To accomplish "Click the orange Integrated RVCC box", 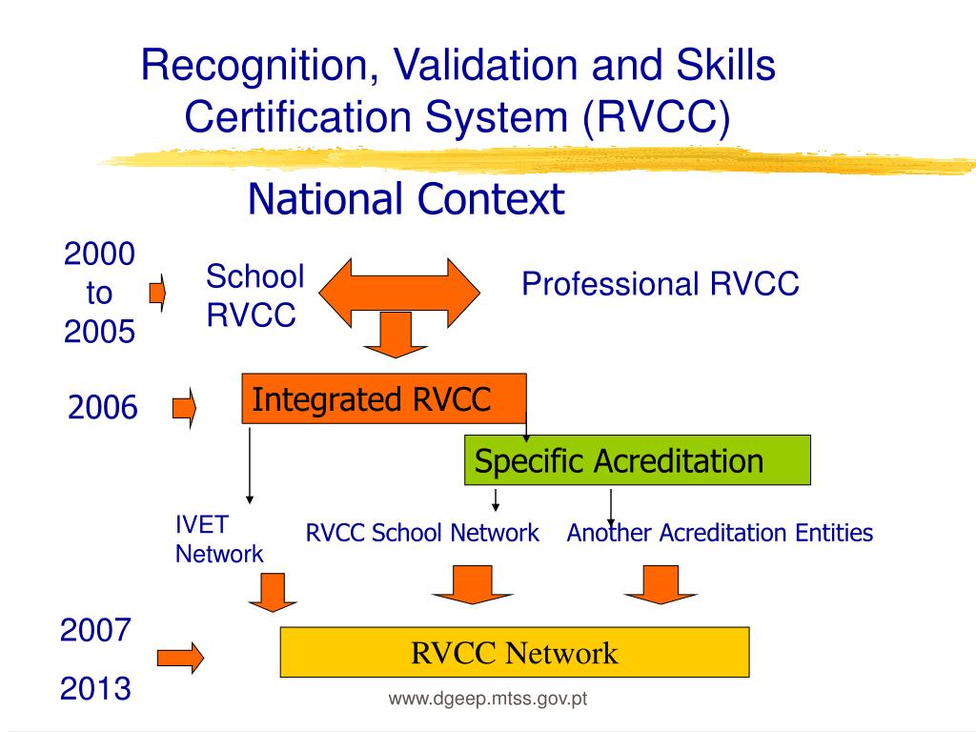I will pos(383,399).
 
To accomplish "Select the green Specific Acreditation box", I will pos(637,461).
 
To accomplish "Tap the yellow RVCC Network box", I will pos(515,653).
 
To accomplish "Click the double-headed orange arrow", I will pos(398,285).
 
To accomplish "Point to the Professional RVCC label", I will pos(660,284).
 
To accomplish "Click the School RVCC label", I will pos(255,295).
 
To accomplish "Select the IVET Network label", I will pos(218,539).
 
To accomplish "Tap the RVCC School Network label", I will pos(422,533).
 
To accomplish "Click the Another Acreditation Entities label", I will pos(720,533).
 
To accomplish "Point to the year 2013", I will pos(95,688).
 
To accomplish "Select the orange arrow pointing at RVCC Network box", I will pos(180,657).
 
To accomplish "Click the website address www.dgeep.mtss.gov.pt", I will pos(487,701).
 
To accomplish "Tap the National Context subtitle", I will pos(406,200).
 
